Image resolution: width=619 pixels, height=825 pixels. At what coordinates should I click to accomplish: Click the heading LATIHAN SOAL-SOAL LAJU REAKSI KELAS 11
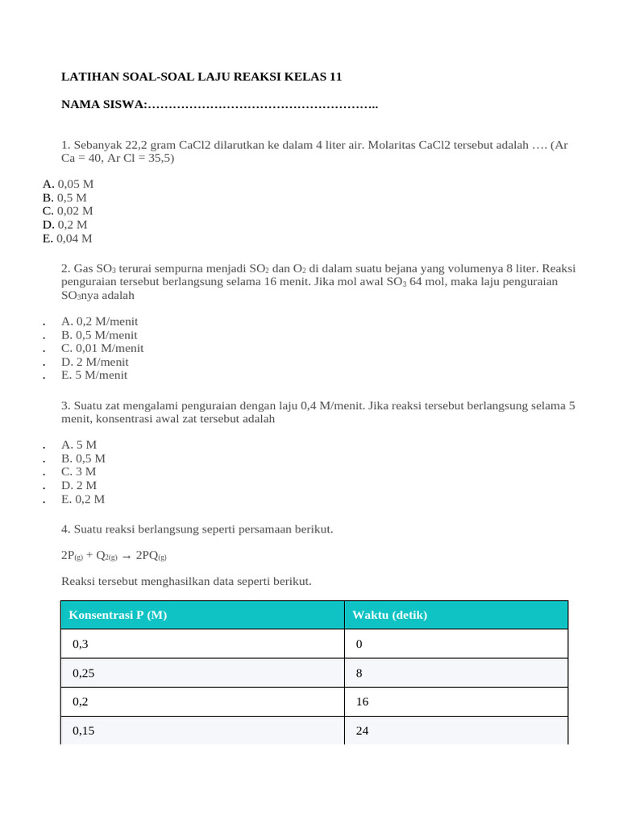(x=202, y=77)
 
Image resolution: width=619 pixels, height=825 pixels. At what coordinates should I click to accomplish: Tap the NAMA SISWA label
(x=104, y=105)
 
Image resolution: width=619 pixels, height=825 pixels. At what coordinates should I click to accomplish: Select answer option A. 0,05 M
(x=69, y=184)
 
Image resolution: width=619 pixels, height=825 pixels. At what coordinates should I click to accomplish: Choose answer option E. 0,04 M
(x=69, y=238)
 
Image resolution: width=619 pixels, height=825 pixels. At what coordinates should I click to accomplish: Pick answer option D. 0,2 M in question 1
(x=65, y=225)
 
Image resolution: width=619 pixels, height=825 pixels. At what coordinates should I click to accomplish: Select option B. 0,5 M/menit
(x=99, y=335)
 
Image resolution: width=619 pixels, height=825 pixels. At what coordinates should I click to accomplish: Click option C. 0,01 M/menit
(x=102, y=348)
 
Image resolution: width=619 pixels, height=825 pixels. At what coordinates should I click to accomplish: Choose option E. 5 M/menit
(x=94, y=375)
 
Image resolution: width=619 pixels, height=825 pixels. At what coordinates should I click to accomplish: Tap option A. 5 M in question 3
(x=79, y=445)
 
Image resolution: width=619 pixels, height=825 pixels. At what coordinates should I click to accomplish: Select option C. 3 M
(x=79, y=471)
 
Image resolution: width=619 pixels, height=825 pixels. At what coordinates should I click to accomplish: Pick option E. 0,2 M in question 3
(x=83, y=499)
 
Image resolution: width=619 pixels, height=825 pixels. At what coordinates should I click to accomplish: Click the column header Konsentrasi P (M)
(x=118, y=615)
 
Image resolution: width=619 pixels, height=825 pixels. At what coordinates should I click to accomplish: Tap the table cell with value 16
(x=362, y=702)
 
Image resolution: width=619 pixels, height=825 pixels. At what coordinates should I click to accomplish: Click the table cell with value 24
(x=362, y=731)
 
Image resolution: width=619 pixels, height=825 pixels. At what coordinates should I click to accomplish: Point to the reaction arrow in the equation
(x=125, y=556)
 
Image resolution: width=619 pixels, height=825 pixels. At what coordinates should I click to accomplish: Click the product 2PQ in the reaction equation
(x=152, y=555)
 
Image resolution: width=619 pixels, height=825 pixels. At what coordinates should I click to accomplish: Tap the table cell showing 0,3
(x=80, y=645)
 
